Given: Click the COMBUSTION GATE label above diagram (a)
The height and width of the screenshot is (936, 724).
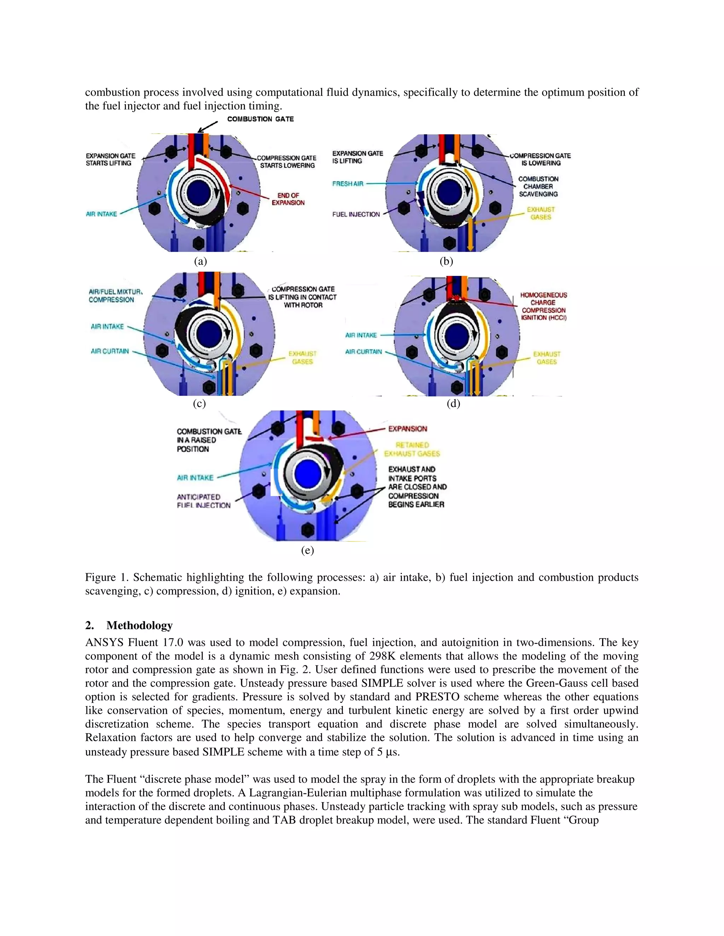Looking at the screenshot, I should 260,119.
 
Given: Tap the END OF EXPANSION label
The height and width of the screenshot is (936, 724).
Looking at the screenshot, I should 288,199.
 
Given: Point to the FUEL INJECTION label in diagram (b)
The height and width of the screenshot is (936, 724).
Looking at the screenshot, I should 356,214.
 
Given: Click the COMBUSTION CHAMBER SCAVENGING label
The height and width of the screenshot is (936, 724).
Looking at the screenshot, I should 538,186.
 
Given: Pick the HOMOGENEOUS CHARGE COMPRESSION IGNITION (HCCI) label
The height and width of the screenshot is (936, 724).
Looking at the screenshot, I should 543,307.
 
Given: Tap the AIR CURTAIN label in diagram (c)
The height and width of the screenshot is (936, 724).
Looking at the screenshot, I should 110,351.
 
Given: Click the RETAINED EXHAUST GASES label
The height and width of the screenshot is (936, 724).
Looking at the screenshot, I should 412,449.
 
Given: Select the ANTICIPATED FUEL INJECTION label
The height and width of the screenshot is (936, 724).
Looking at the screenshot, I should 203,501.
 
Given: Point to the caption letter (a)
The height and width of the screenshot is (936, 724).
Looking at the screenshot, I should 200,261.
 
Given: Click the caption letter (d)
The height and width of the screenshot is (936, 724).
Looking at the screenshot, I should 453,403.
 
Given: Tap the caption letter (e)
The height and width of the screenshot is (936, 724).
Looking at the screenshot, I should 308,550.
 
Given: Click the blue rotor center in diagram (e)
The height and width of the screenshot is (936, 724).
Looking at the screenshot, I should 308,474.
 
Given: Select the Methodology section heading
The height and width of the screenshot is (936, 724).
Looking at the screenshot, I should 139,625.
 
